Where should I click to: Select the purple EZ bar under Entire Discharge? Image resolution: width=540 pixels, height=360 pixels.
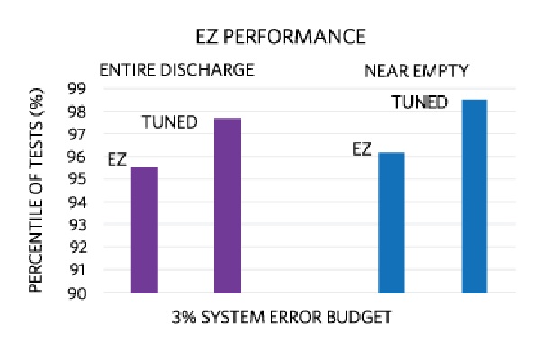[144, 230]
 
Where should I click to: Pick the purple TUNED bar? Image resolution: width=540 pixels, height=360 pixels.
[228, 206]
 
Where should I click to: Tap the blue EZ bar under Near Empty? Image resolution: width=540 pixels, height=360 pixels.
[391, 223]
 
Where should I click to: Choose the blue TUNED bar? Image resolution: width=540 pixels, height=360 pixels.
[474, 196]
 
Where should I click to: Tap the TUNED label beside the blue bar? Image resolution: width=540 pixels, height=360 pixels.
[420, 103]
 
